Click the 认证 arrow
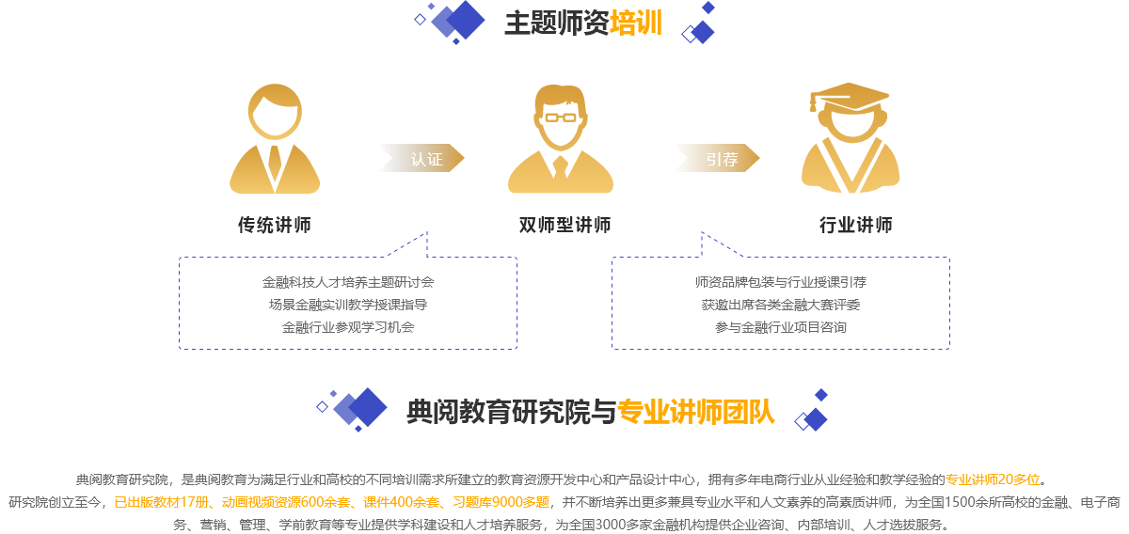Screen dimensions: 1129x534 [x=422, y=158]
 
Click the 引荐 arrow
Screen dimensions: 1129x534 [x=718, y=158]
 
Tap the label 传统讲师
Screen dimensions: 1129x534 [x=275, y=225]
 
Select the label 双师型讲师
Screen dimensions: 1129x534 [x=564, y=225]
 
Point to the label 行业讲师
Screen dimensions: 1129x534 [x=856, y=225]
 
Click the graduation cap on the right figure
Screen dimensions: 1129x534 [x=850, y=97]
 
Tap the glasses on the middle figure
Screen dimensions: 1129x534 [x=561, y=118]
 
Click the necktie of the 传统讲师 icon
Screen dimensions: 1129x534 [x=275, y=164]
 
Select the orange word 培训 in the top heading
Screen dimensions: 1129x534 [x=636, y=23]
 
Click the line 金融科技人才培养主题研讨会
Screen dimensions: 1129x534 [x=348, y=282]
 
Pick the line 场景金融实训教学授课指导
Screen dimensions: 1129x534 [x=348, y=305]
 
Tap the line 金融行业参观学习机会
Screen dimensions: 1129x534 [x=348, y=327]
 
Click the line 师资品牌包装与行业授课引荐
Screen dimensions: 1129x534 [x=781, y=282]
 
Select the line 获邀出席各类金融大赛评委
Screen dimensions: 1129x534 [x=781, y=305]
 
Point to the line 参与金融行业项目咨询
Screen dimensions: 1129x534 [x=781, y=327]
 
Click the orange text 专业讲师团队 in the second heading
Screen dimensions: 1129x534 [x=696, y=412]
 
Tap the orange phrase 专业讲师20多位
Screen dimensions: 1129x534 [x=993, y=479]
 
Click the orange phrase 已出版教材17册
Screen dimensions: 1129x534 [x=161, y=502]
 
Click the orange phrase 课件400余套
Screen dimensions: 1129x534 [x=401, y=502]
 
